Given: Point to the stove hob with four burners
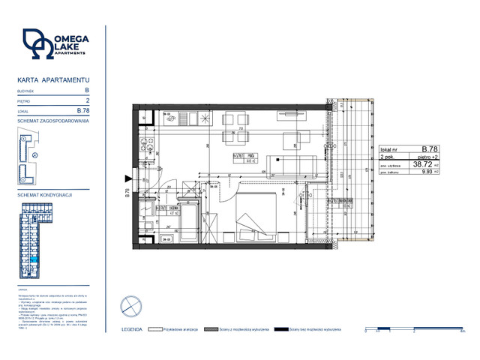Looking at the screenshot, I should coord(145,143).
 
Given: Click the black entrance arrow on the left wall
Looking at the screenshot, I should coord(128,178).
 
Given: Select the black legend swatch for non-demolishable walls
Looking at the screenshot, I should coord(282,329).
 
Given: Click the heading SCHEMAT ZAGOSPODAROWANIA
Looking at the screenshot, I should coord(53,121).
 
